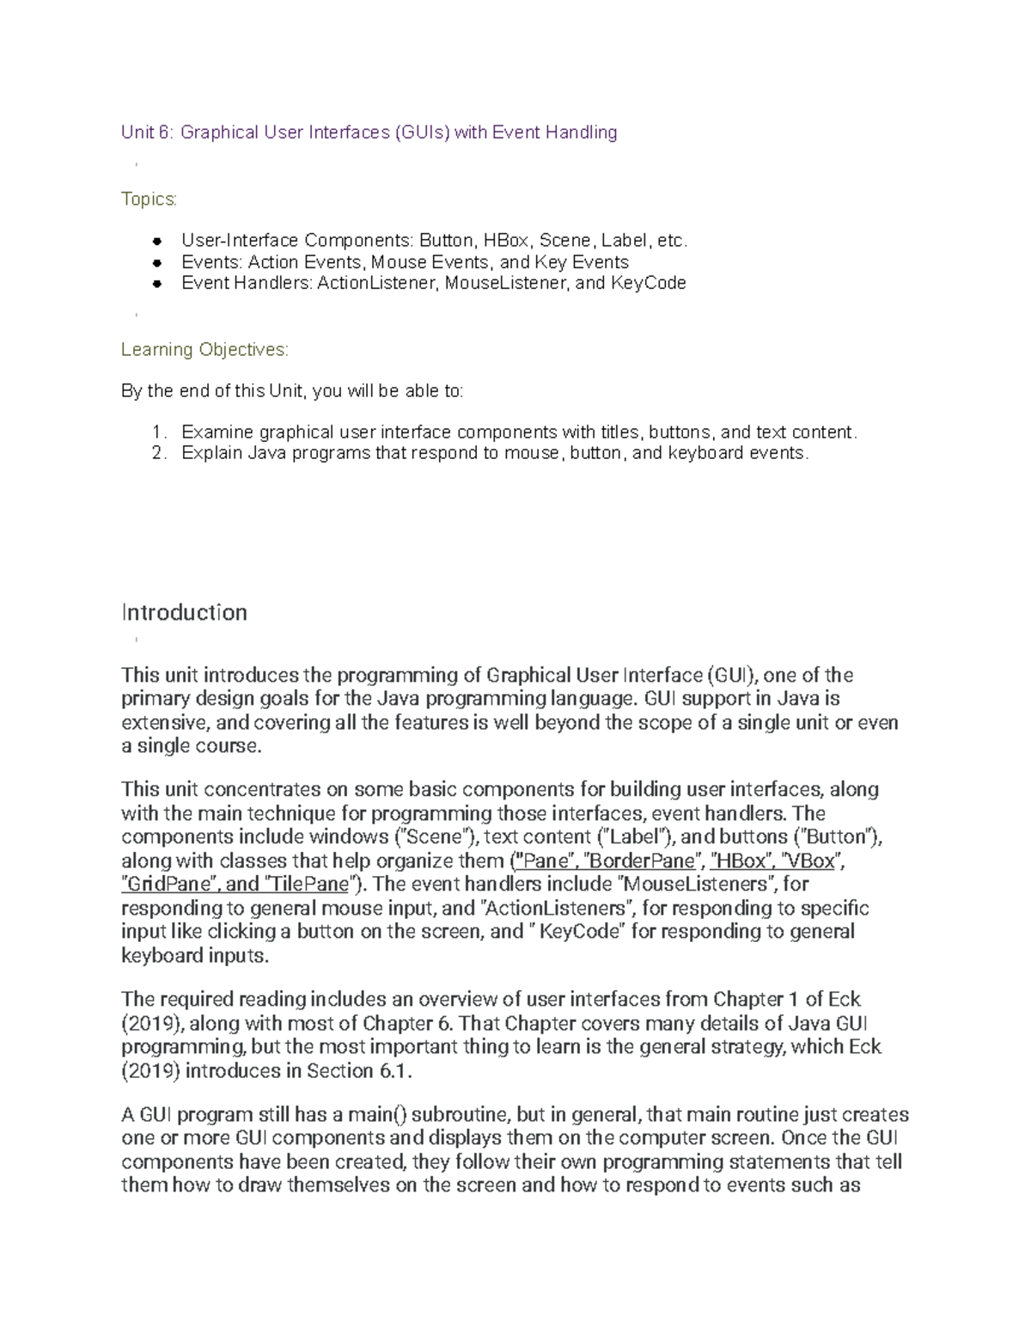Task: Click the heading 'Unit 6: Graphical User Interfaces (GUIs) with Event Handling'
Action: (369, 132)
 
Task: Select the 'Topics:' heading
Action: (149, 199)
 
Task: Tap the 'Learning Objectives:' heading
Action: (204, 350)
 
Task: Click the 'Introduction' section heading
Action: (184, 612)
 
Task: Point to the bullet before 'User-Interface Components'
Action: (157, 242)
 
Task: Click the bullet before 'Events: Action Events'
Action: (157, 262)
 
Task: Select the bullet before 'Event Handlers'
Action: (157, 283)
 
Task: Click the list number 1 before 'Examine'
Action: (156, 432)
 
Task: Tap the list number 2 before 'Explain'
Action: (156, 453)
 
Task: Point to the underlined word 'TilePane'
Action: (308, 885)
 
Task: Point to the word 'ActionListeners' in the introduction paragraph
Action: (556, 909)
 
